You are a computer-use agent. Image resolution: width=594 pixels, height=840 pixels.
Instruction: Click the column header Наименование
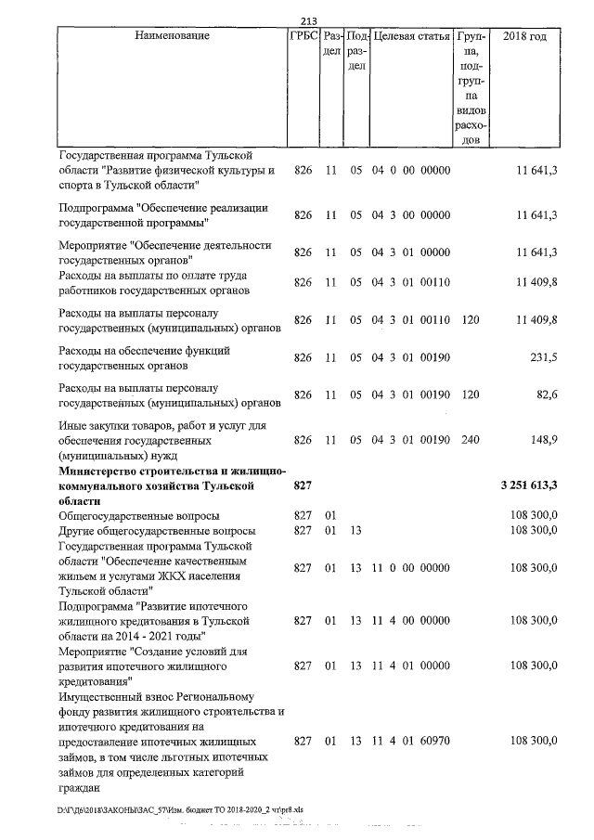click(172, 36)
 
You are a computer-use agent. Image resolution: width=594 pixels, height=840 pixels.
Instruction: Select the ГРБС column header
click(304, 36)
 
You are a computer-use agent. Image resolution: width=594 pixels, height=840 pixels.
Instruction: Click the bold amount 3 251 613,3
click(528, 485)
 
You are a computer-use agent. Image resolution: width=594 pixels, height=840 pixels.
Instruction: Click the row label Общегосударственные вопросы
click(139, 515)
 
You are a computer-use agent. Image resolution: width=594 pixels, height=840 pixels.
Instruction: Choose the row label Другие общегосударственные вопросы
click(156, 530)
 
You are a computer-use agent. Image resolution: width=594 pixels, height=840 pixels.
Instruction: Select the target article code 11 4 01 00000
click(410, 666)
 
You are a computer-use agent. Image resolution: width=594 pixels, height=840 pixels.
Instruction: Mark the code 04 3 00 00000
click(410, 215)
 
